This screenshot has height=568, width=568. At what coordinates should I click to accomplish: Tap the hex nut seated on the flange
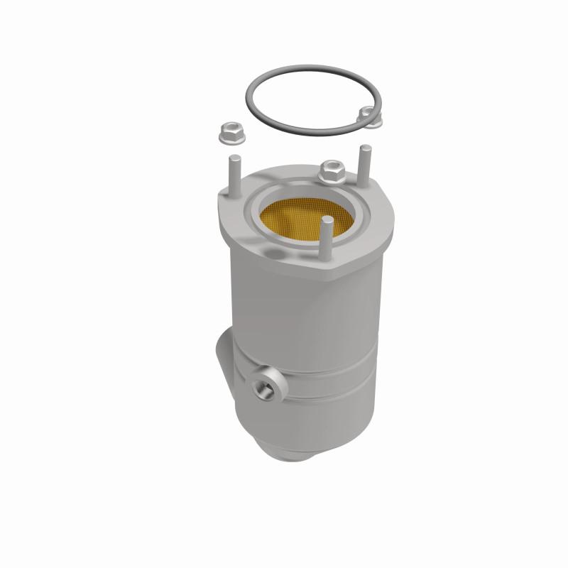point(332,170)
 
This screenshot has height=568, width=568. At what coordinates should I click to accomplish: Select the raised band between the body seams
point(327,383)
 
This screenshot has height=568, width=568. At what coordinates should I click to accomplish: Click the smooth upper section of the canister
point(312,312)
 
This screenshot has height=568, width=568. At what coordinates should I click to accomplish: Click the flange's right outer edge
point(394,220)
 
